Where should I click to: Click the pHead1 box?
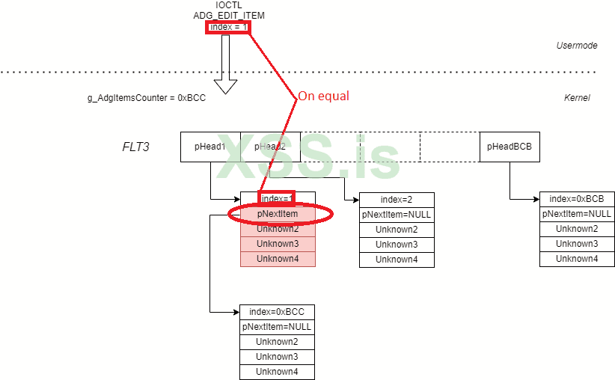[x=210, y=147]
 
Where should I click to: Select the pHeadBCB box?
[x=509, y=147]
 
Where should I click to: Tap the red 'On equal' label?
[x=323, y=96]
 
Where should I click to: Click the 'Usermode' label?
[x=576, y=46]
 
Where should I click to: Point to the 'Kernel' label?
[x=577, y=98]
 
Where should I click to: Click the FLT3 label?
[x=135, y=147]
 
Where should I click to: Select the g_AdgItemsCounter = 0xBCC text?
[x=147, y=98]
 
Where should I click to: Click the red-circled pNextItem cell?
[x=278, y=214]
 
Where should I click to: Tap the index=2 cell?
[x=397, y=200]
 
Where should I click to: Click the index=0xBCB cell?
[x=577, y=199]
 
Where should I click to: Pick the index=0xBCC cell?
[x=277, y=312]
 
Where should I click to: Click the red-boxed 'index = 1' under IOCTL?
[x=228, y=28]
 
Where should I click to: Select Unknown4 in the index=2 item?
[x=397, y=260]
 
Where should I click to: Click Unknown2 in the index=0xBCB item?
[x=577, y=229]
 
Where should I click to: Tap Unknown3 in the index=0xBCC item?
[x=277, y=357]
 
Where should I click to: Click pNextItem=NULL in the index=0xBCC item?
[x=277, y=327]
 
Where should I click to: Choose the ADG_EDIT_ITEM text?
[x=229, y=16]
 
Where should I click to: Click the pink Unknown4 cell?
[x=278, y=259]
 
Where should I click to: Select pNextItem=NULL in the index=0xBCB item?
[x=577, y=214]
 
